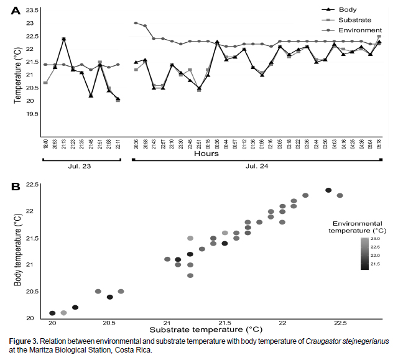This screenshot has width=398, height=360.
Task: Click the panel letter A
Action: click(16, 10)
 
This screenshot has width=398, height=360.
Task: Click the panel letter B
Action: click(16, 187)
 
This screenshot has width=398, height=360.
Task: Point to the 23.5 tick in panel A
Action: click(33, 11)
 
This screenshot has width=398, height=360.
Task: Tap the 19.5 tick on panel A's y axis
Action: click(33, 114)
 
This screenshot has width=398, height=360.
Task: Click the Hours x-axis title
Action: click(208, 153)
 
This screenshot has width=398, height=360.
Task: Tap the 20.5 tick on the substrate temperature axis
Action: click(109, 323)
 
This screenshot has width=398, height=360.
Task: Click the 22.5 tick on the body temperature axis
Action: click(33, 185)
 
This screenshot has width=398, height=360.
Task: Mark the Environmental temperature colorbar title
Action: click(356, 226)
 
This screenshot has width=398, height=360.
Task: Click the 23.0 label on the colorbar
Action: click(374, 239)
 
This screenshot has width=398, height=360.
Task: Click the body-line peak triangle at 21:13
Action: click(63, 39)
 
